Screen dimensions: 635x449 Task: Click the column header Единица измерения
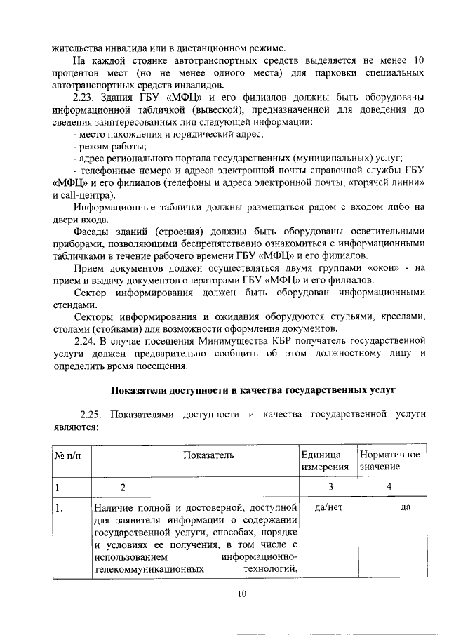click(326, 461)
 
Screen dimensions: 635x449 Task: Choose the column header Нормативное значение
click(390, 461)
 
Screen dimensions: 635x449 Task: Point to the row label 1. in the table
click(60, 508)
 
